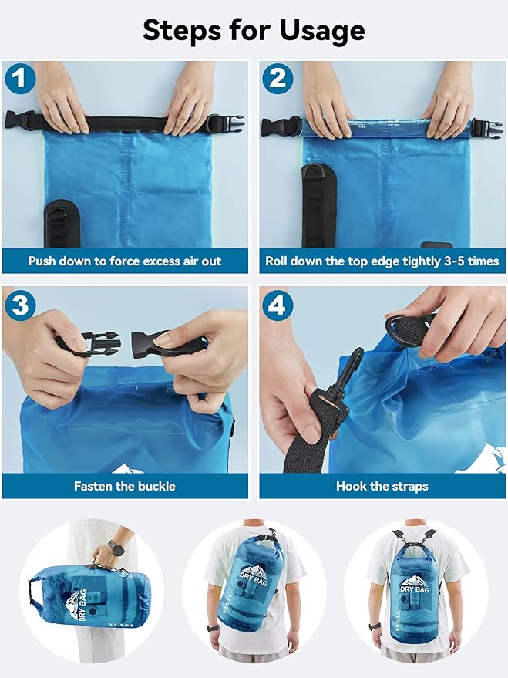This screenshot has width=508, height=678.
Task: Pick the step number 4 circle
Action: click(276, 305)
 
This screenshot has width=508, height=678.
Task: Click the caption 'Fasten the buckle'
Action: click(125, 486)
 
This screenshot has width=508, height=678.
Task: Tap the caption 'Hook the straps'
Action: click(382, 486)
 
